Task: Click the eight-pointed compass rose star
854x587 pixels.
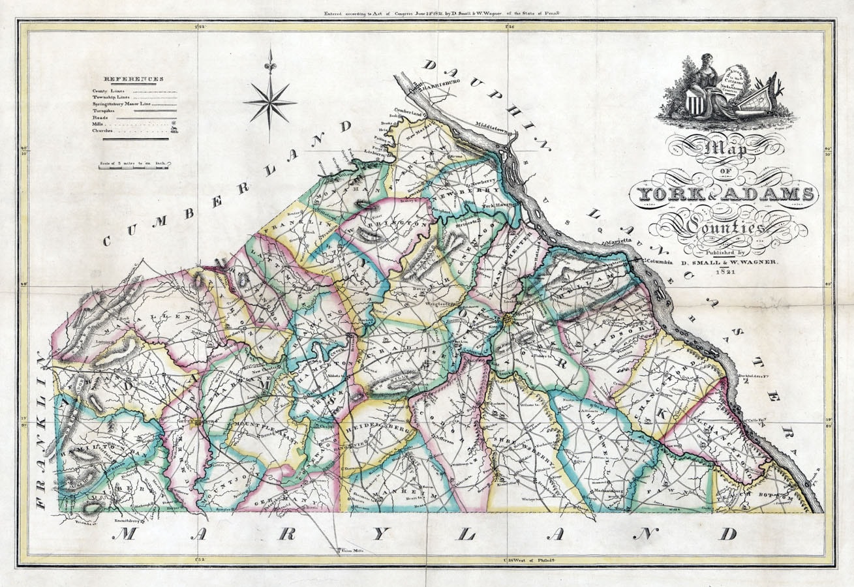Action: pyautogui.click(x=269, y=102)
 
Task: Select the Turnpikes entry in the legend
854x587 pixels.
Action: pyautogui.click(x=104, y=112)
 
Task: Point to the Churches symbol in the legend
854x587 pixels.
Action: pyautogui.click(x=174, y=130)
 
